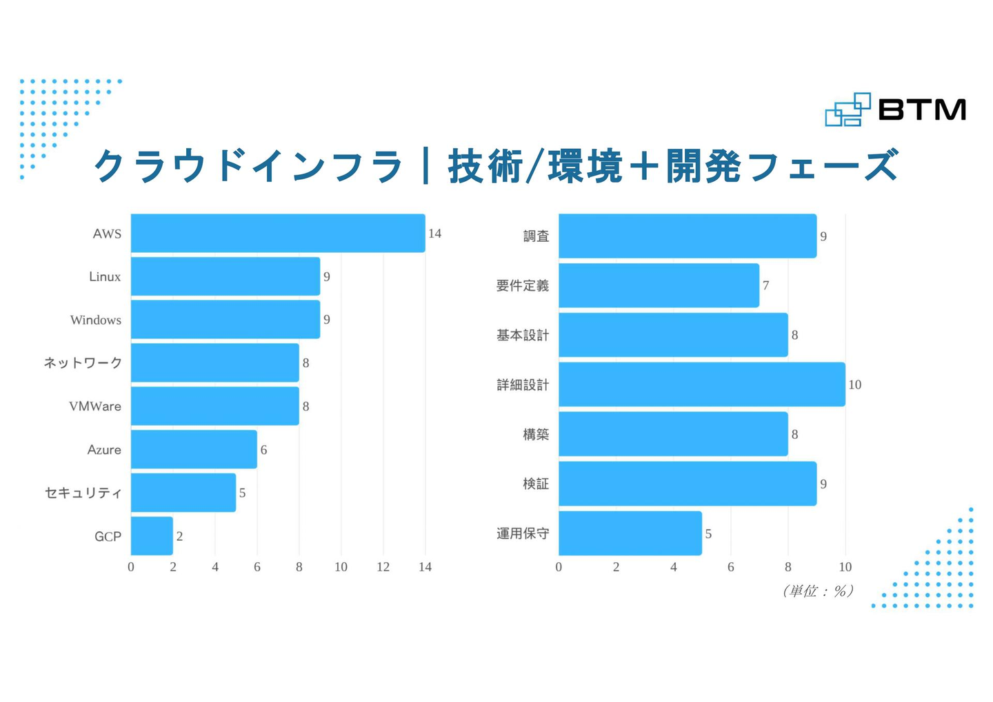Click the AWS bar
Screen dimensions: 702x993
tap(278, 233)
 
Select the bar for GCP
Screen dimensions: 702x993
tap(152, 536)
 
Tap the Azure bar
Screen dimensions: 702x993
tap(194, 449)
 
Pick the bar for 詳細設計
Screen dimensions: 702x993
tap(701, 384)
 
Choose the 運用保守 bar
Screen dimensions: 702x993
tap(630, 533)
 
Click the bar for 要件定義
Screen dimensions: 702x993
tap(659, 285)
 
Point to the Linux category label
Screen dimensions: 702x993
tap(105, 276)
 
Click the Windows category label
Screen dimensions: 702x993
tap(96, 320)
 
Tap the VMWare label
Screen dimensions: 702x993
tap(95, 406)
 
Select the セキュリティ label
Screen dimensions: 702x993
tap(83, 493)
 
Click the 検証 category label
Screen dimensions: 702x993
tap(536, 484)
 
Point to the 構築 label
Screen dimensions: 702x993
tap(536, 434)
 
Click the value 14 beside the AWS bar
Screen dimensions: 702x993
tap(434, 234)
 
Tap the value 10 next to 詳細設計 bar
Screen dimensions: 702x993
tap(854, 384)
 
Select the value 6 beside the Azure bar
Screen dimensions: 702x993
tap(263, 450)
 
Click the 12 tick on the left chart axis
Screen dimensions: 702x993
tap(383, 567)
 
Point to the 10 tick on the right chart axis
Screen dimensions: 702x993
tap(845, 567)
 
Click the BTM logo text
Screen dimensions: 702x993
tap(922, 110)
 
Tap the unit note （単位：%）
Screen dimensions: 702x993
tap(818, 590)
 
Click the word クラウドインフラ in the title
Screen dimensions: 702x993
tap(248, 166)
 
